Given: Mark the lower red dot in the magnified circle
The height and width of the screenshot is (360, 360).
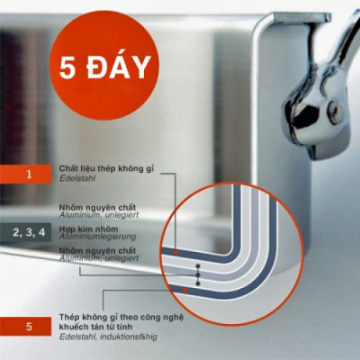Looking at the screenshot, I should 184,291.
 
